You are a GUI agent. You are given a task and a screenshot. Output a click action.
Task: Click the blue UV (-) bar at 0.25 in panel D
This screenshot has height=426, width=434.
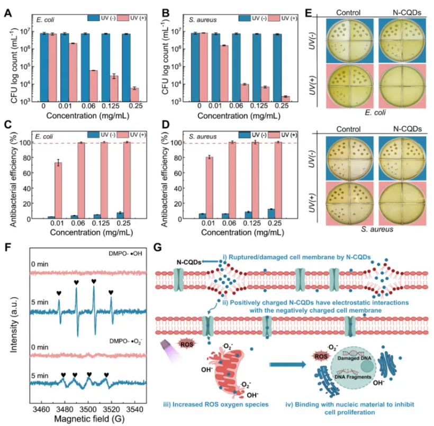[271, 214]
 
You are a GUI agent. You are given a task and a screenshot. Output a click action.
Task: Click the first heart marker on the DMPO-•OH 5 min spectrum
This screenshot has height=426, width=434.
[59, 292]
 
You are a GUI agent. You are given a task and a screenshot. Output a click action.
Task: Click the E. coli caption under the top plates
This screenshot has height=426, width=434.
[375, 112]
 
